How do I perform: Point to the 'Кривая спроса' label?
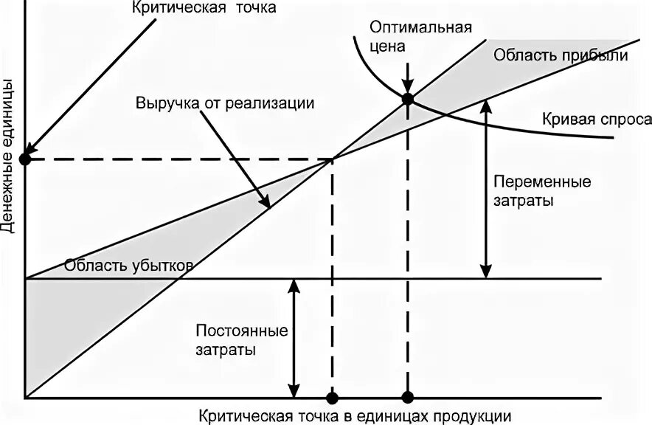coord(597,120)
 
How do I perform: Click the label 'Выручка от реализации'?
coord(224,103)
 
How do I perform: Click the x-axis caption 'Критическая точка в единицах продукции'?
coord(354,415)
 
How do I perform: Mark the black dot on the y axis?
coord(25,159)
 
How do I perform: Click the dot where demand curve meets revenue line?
coord(406,98)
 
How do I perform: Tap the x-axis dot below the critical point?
coord(332,398)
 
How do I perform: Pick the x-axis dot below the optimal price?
coord(406,398)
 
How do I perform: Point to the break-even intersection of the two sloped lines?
coord(332,159)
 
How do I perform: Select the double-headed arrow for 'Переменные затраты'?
coord(485,188)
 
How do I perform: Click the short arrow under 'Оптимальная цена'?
coord(406,77)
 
